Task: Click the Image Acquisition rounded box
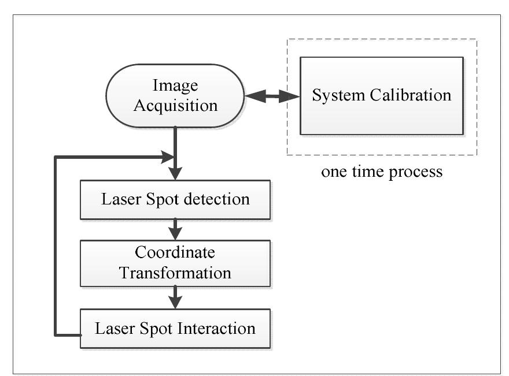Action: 175,96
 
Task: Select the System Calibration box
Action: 381,96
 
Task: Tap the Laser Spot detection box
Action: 175,200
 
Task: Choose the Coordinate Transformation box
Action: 175,263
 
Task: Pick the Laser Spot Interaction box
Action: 175,329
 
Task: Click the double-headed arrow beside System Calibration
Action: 270,96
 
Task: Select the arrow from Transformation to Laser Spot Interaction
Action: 175,297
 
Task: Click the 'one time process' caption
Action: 382,172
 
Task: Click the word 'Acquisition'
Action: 175,106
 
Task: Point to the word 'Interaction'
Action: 220,329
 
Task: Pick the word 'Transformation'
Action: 175,272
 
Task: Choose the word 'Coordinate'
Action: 175,253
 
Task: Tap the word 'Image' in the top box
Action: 175,86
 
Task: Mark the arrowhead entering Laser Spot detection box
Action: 175,174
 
